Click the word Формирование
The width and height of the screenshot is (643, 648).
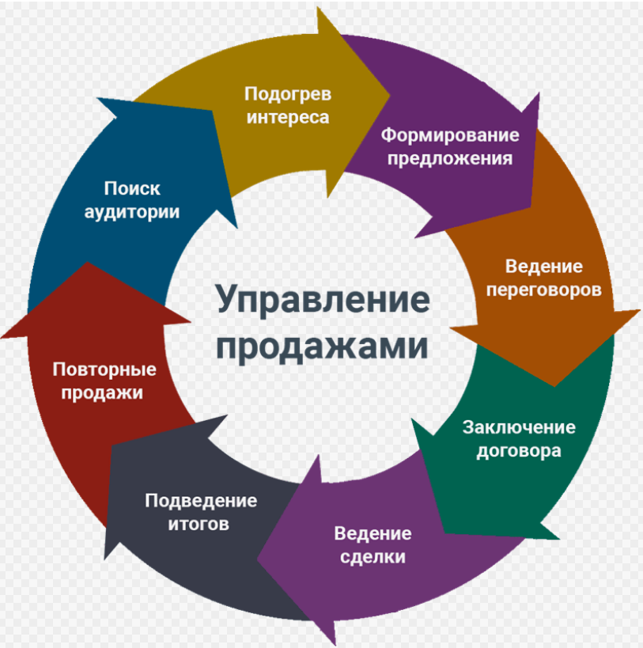pyautogui.click(x=450, y=135)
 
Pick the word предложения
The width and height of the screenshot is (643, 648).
pyautogui.click(x=451, y=157)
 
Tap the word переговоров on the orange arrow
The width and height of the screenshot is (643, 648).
pyautogui.click(x=543, y=290)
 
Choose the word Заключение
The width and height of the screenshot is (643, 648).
pyautogui.click(x=519, y=428)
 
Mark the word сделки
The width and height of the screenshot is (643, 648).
pyautogui.click(x=373, y=556)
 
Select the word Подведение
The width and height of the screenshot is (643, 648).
pyautogui.click(x=201, y=501)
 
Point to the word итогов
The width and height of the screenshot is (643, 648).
pyautogui.click(x=201, y=524)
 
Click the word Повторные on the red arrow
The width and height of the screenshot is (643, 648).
pyautogui.click(x=104, y=369)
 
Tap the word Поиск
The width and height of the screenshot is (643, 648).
pyautogui.click(x=132, y=188)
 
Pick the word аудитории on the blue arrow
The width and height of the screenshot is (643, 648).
pyautogui.click(x=142, y=212)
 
